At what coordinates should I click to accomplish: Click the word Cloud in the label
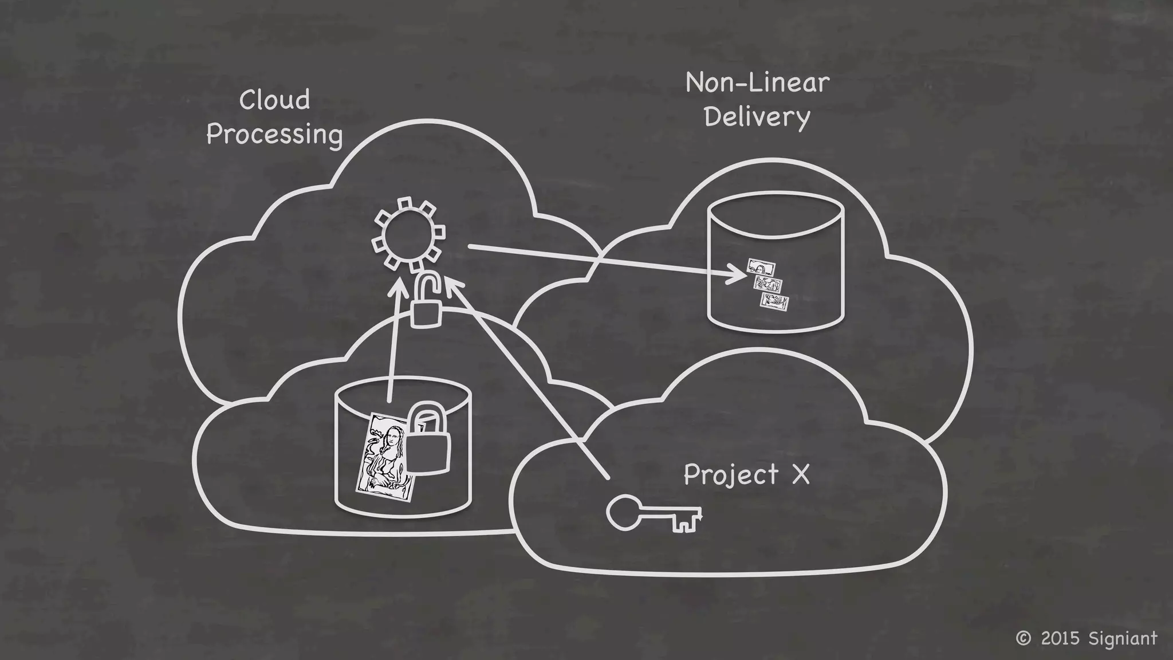274,100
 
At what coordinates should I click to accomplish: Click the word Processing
274,135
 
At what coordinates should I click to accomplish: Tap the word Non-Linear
757,83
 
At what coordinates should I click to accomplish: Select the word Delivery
757,117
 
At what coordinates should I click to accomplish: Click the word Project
731,476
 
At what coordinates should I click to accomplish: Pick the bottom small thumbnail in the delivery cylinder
774,302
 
